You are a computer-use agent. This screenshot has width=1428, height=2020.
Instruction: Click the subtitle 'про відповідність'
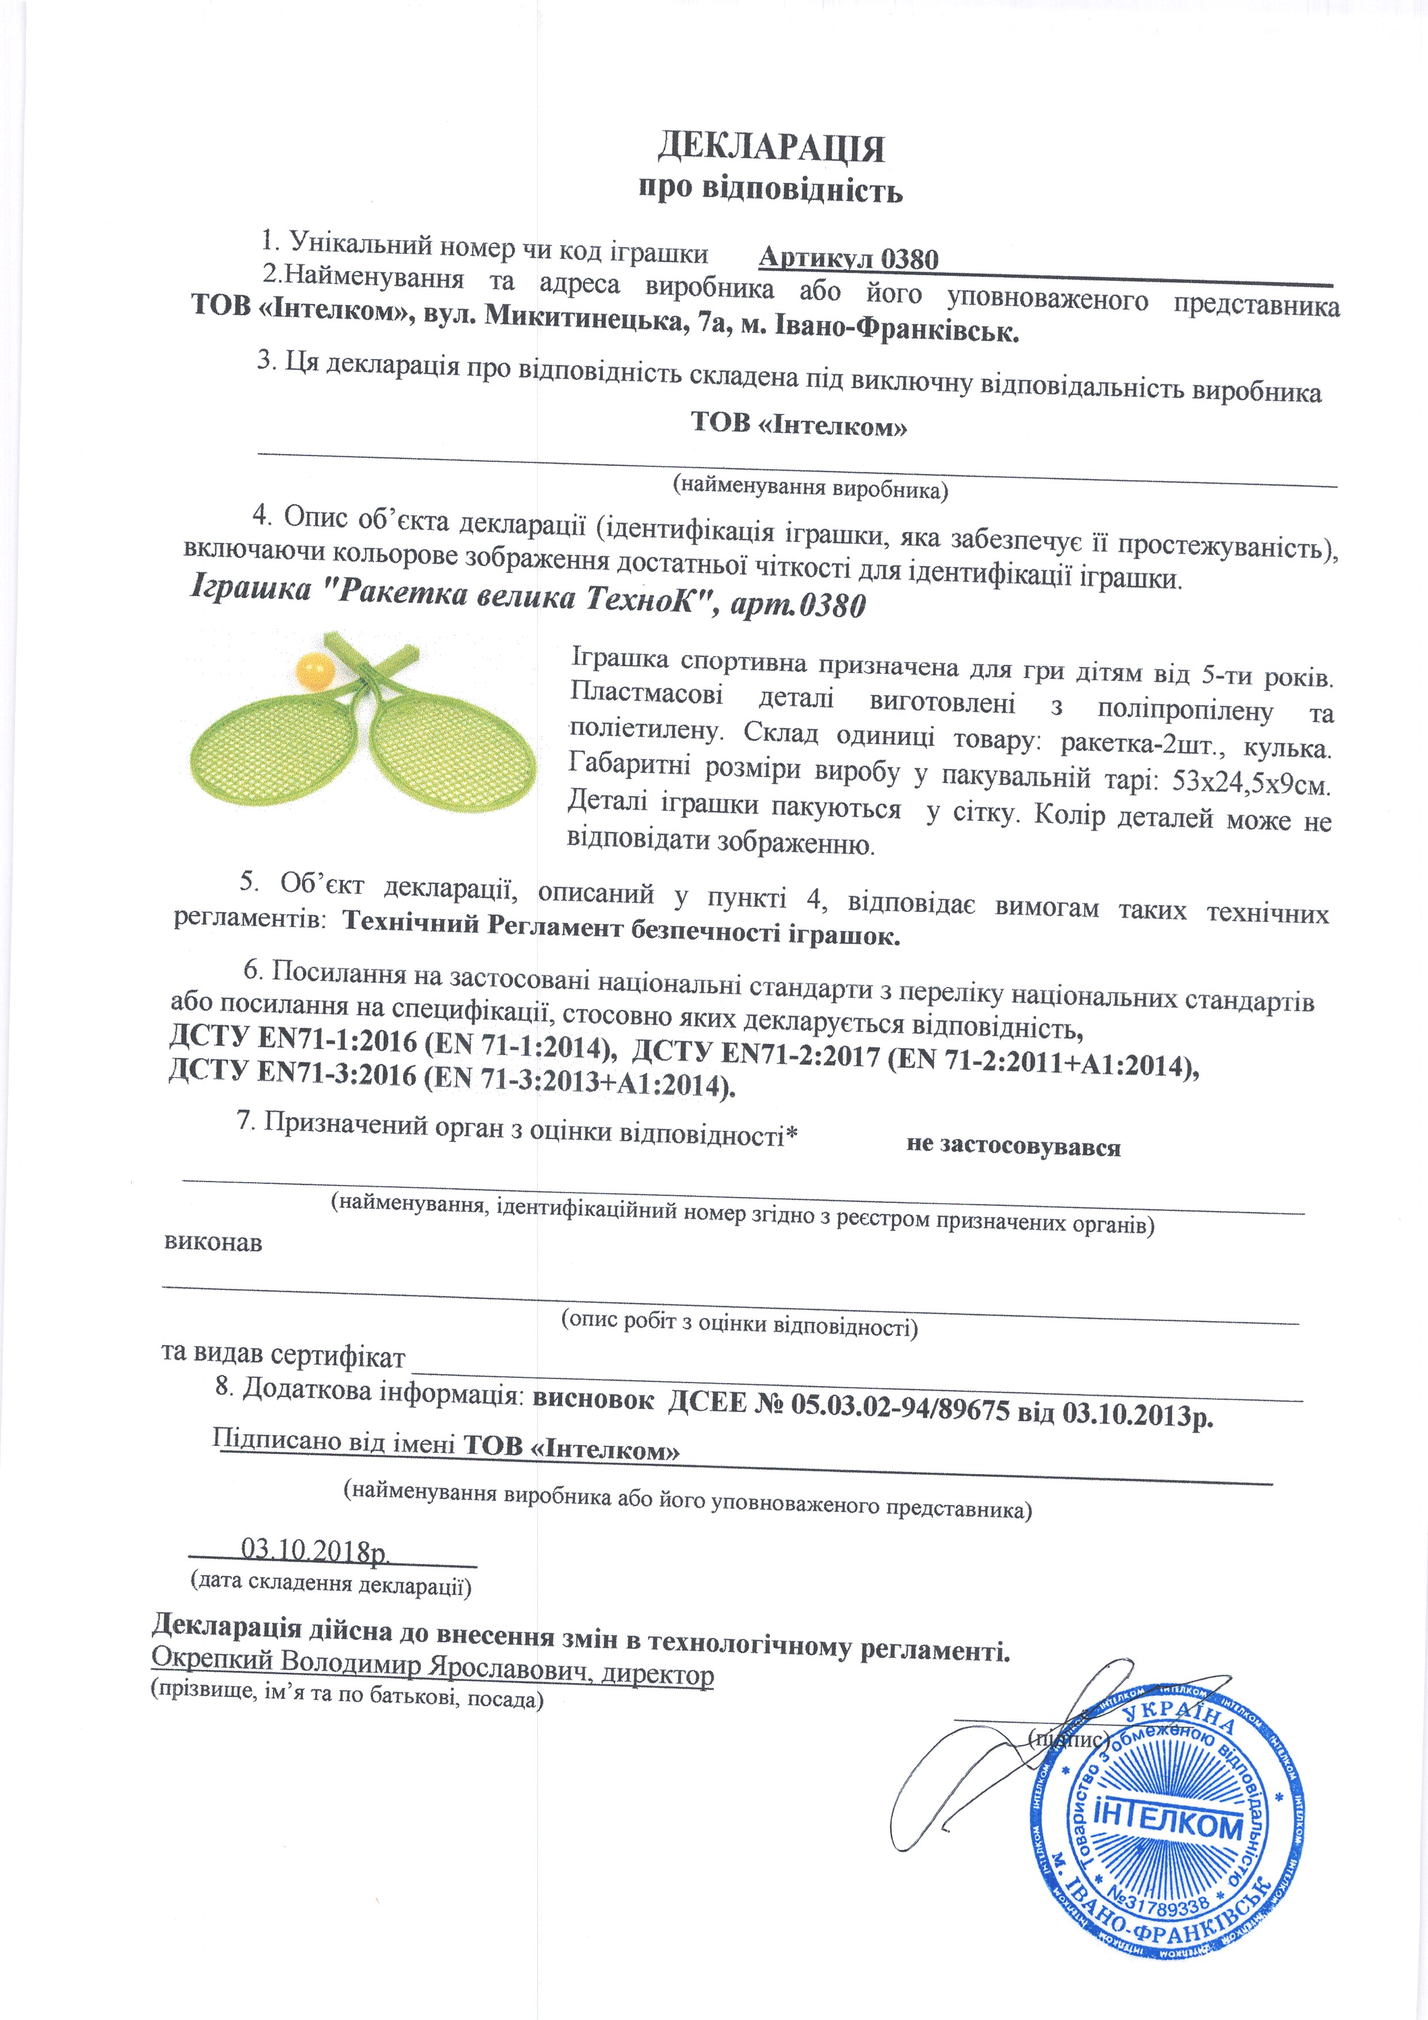click(771, 189)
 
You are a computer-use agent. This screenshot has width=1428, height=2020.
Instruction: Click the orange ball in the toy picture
click(314, 670)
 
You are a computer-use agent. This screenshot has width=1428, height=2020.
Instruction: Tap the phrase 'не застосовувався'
click(1013, 1147)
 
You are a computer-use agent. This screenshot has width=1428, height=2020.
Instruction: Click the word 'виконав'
click(213, 1243)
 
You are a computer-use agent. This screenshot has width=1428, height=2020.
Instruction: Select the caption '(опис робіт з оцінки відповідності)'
click(739, 1326)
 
